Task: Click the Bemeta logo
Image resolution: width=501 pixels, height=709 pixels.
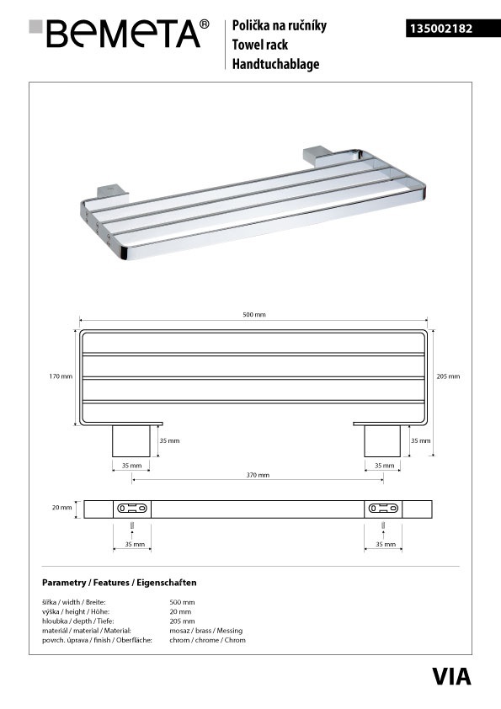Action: [x=119, y=33]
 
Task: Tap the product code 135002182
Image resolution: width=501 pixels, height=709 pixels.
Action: [x=441, y=29]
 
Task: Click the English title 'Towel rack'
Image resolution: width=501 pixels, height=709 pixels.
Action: [x=260, y=45]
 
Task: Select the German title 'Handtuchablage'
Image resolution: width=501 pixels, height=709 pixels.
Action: [x=276, y=64]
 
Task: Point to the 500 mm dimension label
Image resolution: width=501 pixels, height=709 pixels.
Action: [x=254, y=314]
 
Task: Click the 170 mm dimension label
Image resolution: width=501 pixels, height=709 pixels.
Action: [x=61, y=376]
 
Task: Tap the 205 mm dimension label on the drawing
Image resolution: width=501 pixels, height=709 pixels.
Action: [x=448, y=376]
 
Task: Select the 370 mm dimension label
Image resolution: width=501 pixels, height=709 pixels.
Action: [x=258, y=475]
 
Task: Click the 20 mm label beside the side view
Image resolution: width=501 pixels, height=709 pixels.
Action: [x=62, y=508]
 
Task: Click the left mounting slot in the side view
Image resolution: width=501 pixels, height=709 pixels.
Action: [x=132, y=509]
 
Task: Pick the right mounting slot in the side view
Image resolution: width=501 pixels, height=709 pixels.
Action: [x=383, y=509]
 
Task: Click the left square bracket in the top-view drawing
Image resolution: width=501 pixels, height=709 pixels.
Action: [x=131, y=441]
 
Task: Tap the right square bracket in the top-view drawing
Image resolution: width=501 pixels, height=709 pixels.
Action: [x=382, y=441]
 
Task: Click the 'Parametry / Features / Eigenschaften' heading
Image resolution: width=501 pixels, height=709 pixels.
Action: [x=120, y=583]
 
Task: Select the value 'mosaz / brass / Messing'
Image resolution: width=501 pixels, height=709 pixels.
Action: [x=206, y=631]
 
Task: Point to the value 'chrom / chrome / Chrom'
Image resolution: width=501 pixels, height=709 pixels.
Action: [x=207, y=640]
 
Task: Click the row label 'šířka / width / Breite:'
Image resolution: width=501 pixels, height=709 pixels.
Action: [x=74, y=602]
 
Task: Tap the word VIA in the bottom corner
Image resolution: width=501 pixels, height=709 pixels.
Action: [x=451, y=676]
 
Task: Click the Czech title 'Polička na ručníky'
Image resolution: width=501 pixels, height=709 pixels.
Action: [x=280, y=26]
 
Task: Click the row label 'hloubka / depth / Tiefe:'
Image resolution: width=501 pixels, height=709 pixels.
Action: [x=77, y=621]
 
